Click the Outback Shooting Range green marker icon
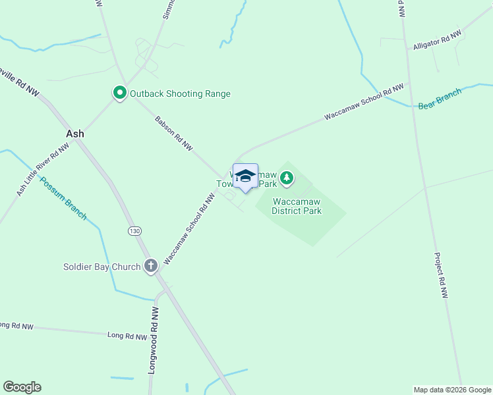[119, 93]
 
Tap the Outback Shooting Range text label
[180, 93]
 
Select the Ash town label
[75, 133]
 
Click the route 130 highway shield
[134, 230]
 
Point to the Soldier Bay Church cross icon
[151, 266]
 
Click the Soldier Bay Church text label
[101, 267]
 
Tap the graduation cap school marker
[245, 176]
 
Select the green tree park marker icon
[286, 177]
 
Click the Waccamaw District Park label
[297, 206]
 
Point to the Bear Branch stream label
[440, 97]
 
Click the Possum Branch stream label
[63, 198]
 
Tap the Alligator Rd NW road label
[436, 41]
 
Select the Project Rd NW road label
[441, 276]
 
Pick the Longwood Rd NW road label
[154, 340]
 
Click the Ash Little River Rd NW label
[43, 170]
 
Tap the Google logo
[22, 387]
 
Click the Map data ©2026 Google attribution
[452, 390]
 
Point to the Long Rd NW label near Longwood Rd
[127, 336]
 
